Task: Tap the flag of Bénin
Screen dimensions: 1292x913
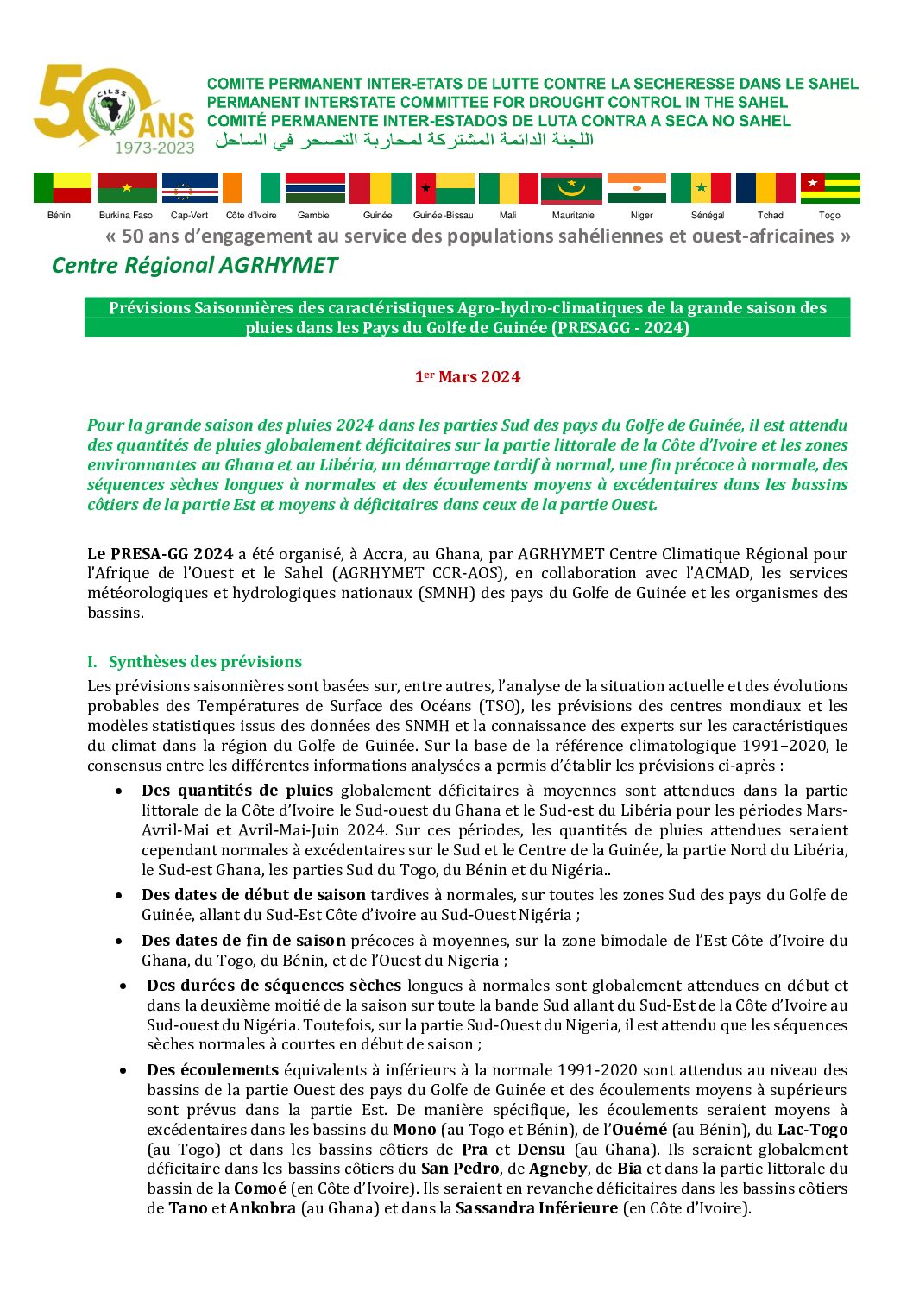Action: [62, 187]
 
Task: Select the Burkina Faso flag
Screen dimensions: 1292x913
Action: [127, 187]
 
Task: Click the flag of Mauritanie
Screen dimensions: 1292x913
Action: [571, 187]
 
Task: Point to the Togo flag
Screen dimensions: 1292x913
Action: [830, 187]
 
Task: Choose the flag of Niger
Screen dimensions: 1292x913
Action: [637, 187]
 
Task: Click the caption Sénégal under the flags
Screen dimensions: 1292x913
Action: [708, 216]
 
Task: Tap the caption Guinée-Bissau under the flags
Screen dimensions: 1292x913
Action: [444, 216]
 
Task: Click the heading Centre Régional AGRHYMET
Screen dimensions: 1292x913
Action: [194, 266]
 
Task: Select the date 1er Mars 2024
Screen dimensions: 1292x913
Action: [468, 377]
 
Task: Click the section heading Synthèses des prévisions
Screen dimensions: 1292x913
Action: [205, 662]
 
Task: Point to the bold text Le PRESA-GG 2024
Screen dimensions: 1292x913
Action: [161, 554]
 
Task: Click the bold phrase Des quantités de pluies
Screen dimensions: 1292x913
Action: [237, 791]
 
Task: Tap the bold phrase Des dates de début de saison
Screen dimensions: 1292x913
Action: [254, 895]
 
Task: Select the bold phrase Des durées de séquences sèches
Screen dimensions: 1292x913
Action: [274, 986]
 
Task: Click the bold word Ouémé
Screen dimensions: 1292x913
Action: [639, 1130]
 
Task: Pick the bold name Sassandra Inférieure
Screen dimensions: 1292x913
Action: [537, 1208]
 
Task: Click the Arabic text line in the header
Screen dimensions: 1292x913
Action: [404, 140]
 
